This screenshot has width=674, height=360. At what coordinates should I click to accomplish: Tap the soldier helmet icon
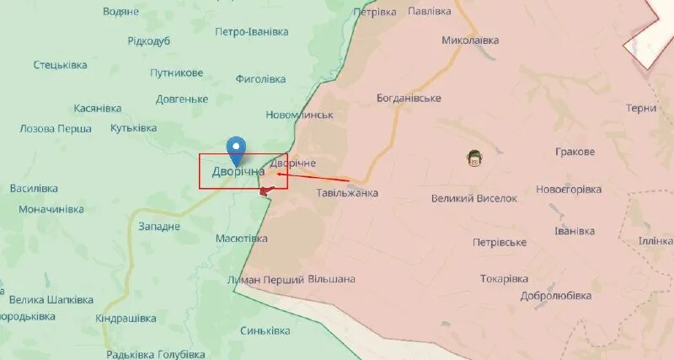(475, 157)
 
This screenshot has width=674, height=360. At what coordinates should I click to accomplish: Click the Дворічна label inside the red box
(238, 171)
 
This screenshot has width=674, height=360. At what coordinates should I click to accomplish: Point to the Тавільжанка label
(346, 193)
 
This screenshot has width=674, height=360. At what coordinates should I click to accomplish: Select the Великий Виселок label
(473, 198)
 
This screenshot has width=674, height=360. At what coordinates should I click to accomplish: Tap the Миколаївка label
(470, 40)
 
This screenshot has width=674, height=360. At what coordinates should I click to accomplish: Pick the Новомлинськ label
(300, 115)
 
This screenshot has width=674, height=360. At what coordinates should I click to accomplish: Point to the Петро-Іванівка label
(252, 32)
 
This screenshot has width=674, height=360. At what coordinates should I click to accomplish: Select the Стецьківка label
(62, 65)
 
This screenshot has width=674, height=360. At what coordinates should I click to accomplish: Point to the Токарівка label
(504, 279)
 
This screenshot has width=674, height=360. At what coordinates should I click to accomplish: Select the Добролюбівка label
(535, 296)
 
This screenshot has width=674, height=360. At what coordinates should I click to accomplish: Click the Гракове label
(575, 152)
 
